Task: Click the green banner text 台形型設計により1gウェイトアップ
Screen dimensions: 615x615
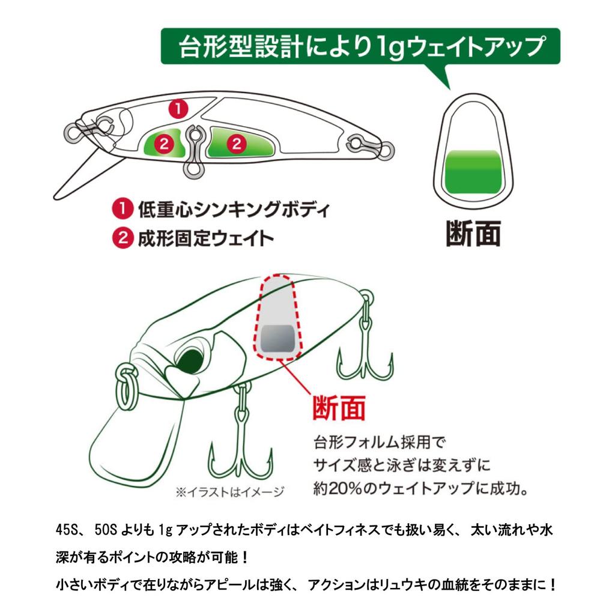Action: pos(361,47)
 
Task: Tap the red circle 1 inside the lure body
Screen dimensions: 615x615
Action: pos(178,108)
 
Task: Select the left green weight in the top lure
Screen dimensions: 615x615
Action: pos(164,143)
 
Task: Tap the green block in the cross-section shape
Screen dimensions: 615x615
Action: pos(474,172)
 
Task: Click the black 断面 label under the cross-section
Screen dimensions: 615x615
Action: pos(473,234)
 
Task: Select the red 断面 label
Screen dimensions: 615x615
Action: pos(339,408)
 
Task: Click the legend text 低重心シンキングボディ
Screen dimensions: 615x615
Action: pos(234,210)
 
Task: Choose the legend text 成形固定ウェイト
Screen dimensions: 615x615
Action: pos(205,238)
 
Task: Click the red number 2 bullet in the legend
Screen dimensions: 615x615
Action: pos(123,237)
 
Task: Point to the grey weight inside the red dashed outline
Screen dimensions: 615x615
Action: pos(279,338)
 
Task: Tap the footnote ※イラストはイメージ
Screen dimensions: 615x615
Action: pos(230,491)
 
